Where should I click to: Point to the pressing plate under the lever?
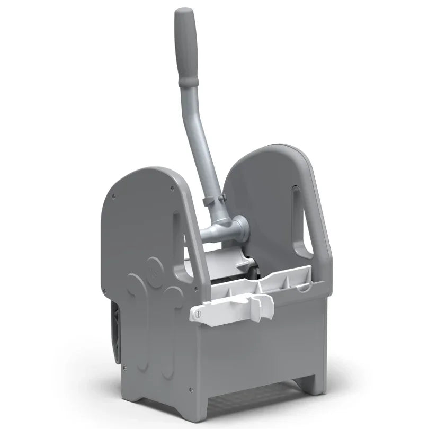[x=222, y=260]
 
